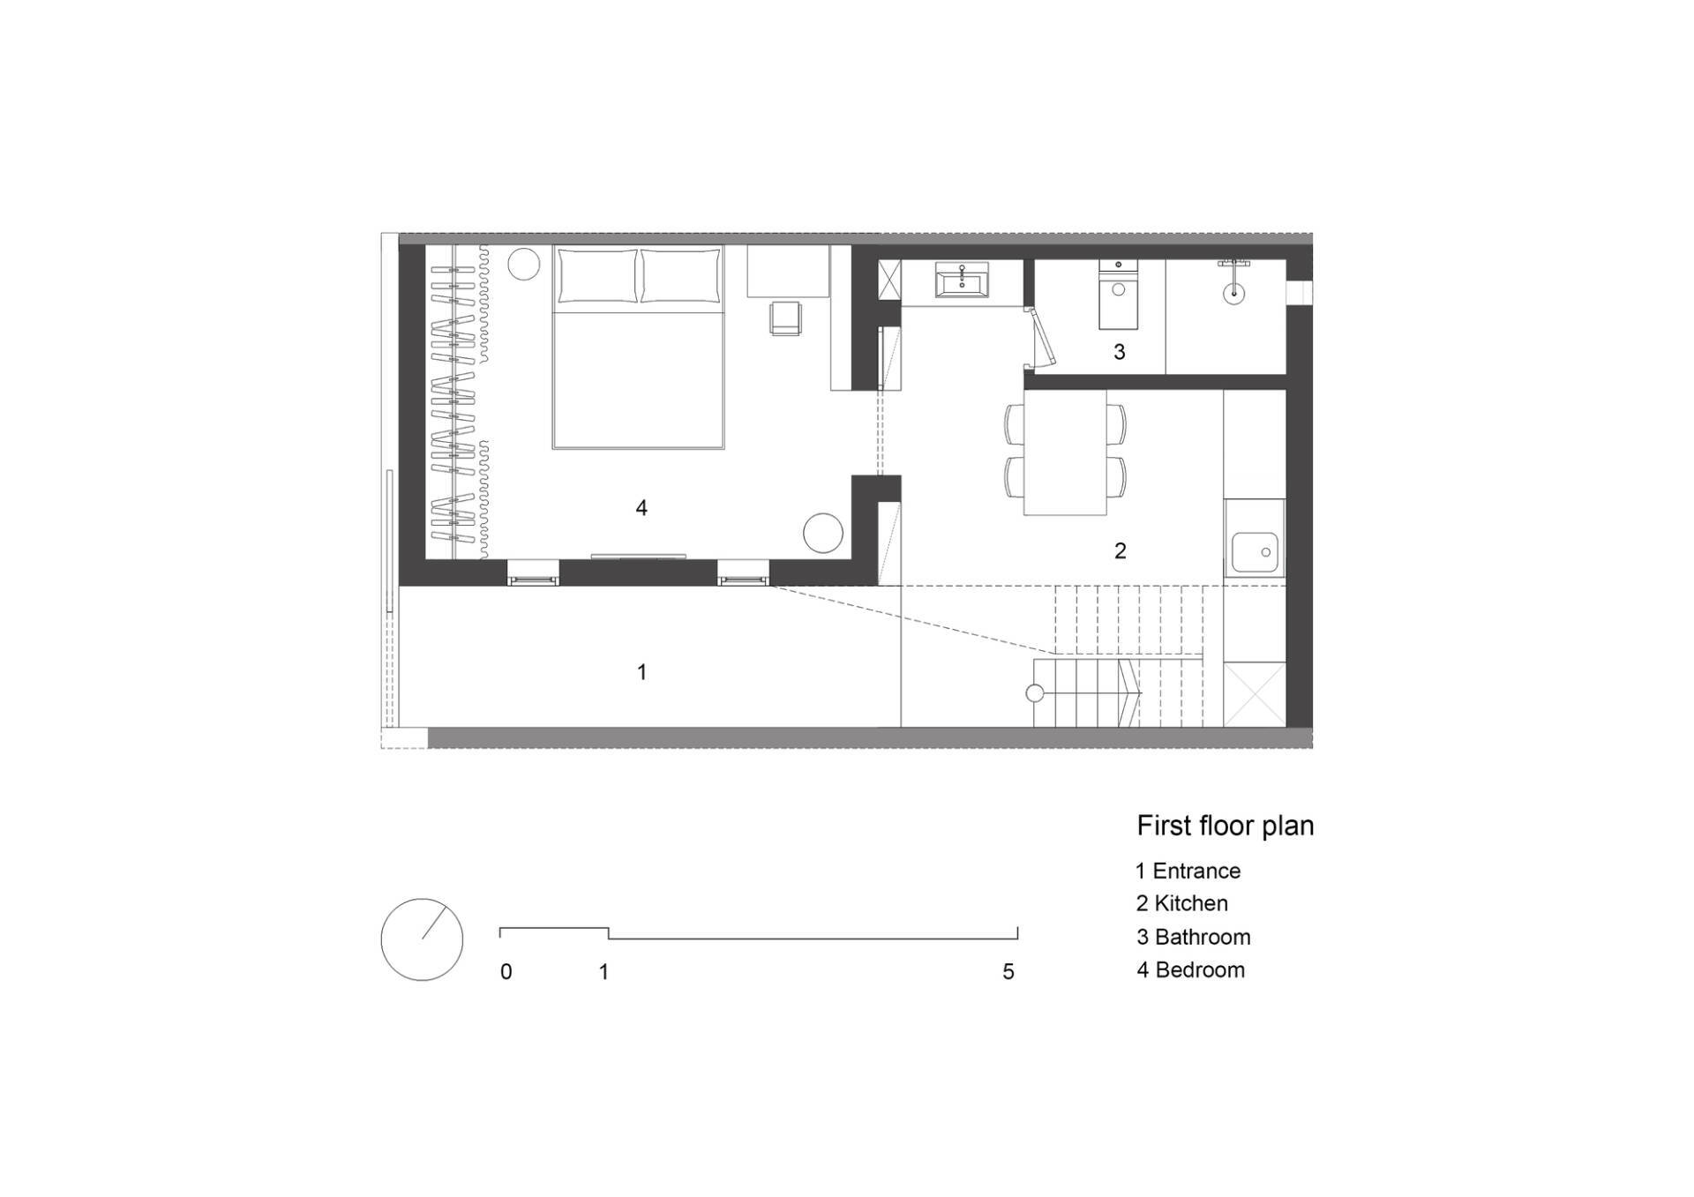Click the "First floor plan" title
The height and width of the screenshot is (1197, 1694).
pyautogui.click(x=1225, y=826)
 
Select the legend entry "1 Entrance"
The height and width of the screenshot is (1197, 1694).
pyautogui.click(x=1188, y=871)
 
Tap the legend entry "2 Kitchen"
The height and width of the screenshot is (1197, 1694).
pyautogui.click(x=1181, y=903)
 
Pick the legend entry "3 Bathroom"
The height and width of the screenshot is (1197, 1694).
pyautogui.click(x=1193, y=937)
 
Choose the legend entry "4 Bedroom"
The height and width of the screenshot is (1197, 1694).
pyautogui.click(x=1190, y=969)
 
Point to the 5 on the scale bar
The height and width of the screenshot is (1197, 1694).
pyautogui.click(x=1008, y=972)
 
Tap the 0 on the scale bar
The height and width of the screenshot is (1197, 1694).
pyautogui.click(x=506, y=972)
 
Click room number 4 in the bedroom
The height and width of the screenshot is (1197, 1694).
pyautogui.click(x=641, y=507)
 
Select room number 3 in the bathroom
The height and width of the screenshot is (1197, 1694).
pyautogui.click(x=1119, y=352)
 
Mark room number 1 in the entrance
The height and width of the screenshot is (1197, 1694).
pyautogui.click(x=641, y=672)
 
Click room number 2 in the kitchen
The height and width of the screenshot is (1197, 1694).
pyautogui.click(x=1120, y=550)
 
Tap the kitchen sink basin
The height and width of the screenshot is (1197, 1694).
pyautogui.click(x=1255, y=553)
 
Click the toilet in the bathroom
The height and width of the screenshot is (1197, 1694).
pyautogui.click(x=1118, y=295)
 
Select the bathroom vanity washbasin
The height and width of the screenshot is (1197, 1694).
pyautogui.click(x=962, y=281)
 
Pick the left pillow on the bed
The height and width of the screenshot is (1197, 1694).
pyautogui.click(x=597, y=277)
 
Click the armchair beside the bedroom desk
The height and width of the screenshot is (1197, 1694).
pyautogui.click(x=785, y=318)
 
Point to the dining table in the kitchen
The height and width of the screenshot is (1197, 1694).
pyautogui.click(x=1065, y=453)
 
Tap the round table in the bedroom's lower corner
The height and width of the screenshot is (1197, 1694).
pyautogui.click(x=823, y=533)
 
